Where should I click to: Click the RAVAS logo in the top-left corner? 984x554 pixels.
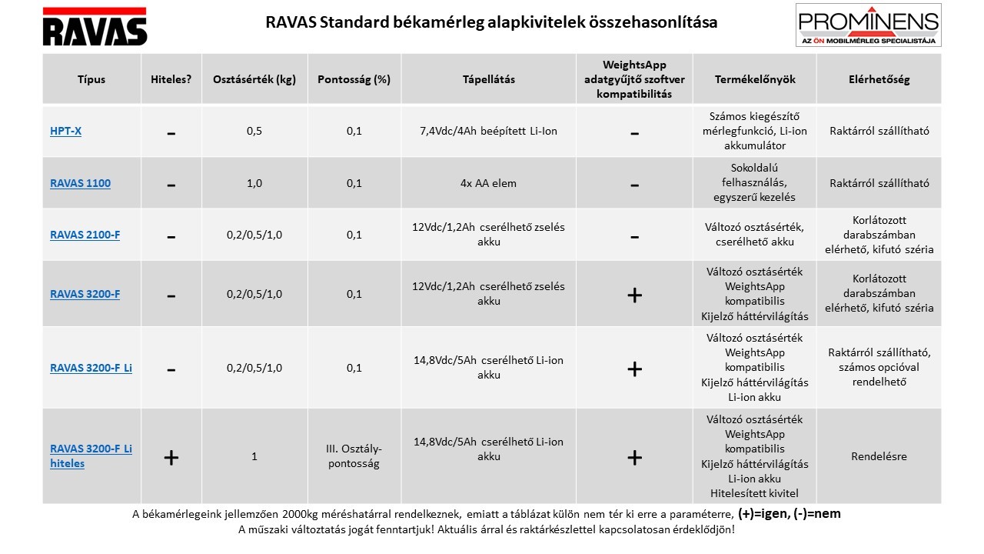pos(95,27)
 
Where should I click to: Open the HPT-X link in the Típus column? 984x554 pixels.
pos(66,132)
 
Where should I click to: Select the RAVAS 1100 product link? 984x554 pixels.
pos(80,183)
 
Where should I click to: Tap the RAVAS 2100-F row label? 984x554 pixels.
pos(85,235)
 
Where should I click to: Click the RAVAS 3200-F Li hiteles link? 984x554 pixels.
pos(91,456)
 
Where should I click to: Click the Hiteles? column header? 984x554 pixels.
pos(171,79)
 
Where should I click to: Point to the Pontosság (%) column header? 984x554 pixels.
pos(354,79)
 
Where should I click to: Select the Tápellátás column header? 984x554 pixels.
pos(488,79)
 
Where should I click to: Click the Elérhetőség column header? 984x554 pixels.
pos(879,79)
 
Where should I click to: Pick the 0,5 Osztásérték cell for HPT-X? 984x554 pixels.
pos(254,132)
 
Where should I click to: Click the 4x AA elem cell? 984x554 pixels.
pos(488,183)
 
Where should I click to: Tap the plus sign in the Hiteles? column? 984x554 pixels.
pos(171,457)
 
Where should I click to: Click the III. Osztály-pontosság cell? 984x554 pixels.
pos(354,456)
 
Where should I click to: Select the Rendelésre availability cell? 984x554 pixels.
pos(879,456)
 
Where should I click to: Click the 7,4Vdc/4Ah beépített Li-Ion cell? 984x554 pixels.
pos(488,132)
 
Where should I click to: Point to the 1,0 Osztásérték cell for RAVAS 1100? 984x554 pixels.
pos(254,183)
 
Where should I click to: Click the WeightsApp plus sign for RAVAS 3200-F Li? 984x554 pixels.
pos(634,369)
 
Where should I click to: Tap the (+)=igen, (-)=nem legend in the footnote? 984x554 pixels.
pos(790,513)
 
